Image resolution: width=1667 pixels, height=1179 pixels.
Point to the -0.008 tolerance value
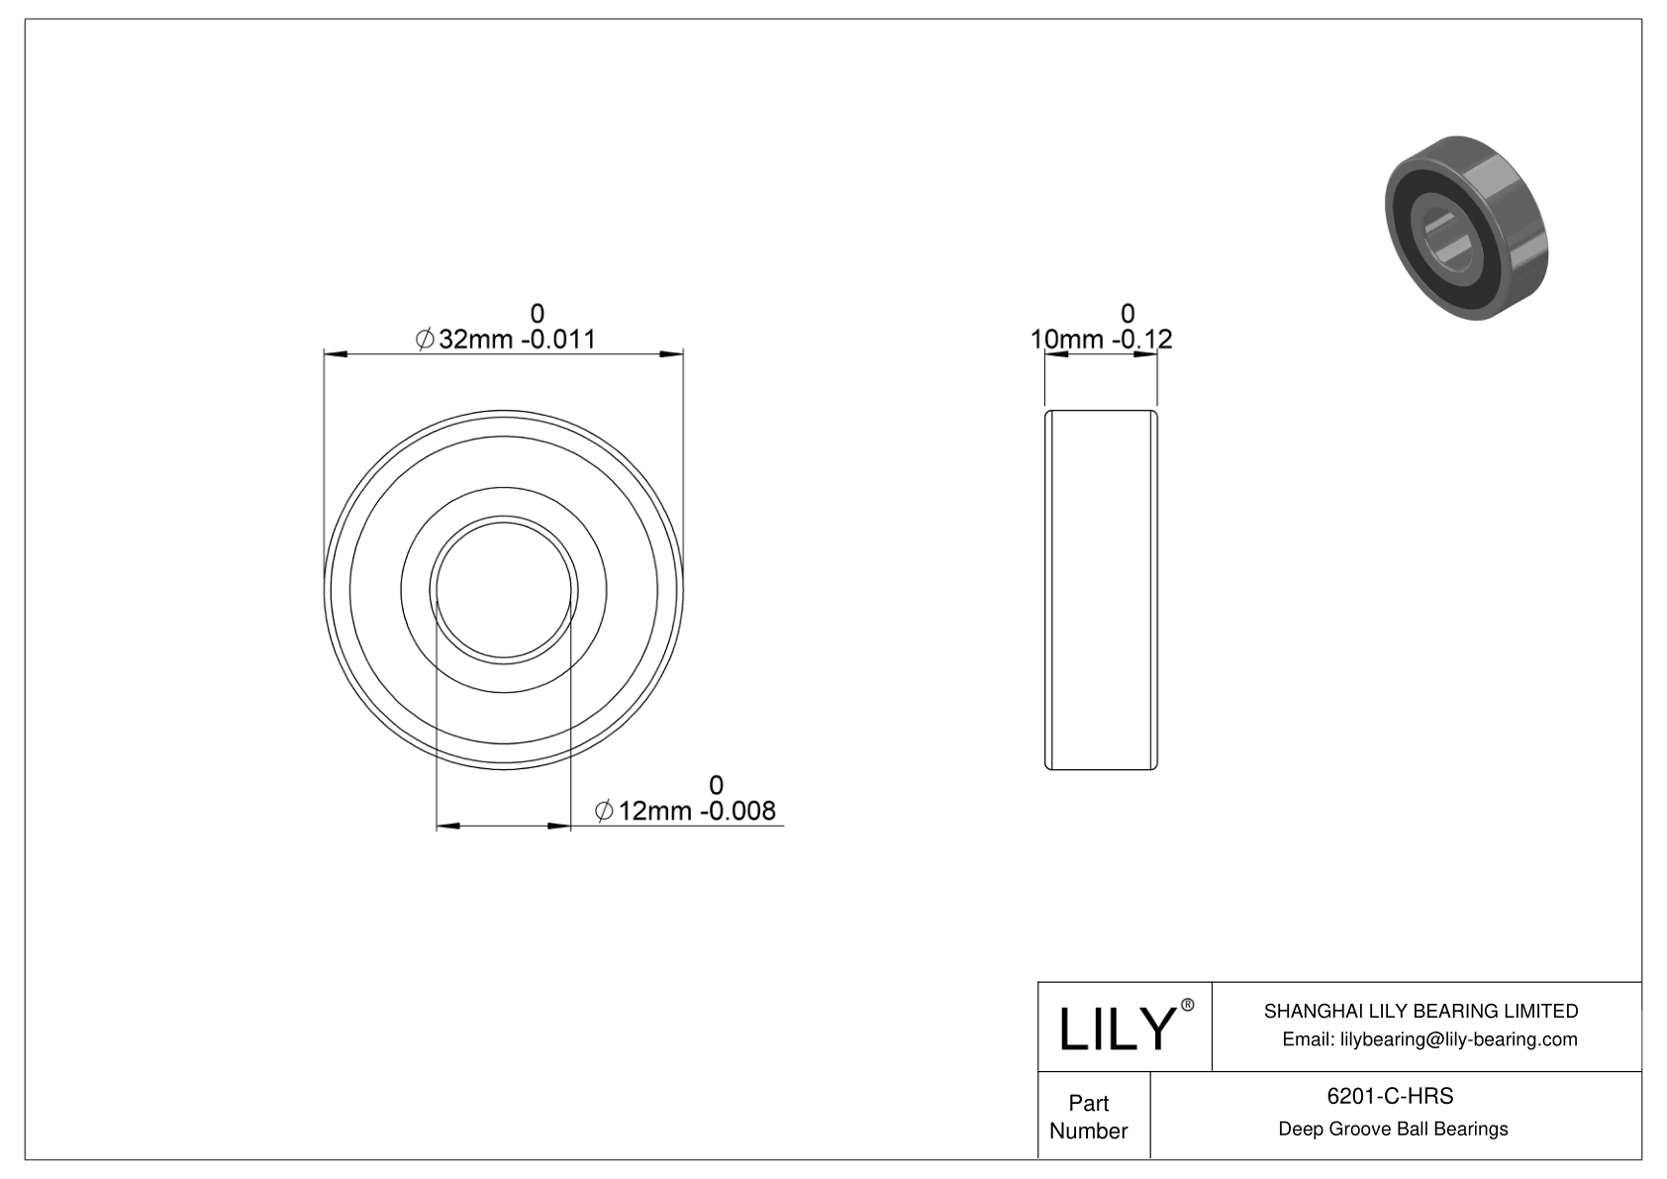(737, 812)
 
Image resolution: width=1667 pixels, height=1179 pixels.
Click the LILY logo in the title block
(1116, 1028)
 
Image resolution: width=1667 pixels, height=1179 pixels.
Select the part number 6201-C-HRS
(1393, 1096)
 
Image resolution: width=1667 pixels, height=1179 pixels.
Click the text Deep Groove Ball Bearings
(1393, 1129)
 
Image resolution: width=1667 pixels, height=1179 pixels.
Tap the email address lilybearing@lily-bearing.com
(1429, 1039)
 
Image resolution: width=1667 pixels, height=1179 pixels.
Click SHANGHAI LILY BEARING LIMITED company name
(1421, 1011)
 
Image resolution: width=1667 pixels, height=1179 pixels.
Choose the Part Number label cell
(1089, 1117)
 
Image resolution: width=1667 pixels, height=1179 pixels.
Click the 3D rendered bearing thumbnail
(1465, 227)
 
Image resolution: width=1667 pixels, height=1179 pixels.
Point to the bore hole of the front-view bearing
(504, 590)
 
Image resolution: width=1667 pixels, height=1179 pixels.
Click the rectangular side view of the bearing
(1101, 590)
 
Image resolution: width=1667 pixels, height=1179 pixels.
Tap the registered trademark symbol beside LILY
(1188, 1006)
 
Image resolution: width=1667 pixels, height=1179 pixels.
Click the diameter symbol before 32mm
(424, 340)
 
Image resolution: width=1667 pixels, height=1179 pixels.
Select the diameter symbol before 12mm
(604, 812)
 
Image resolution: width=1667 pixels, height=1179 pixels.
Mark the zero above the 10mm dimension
(1128, 314)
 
